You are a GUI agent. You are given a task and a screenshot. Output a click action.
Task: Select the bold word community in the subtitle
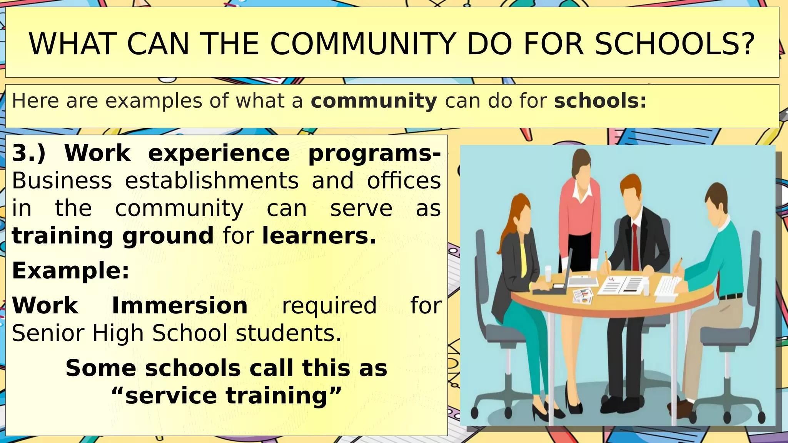click(374, 101)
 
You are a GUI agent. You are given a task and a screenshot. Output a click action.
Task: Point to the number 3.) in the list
click(29, 153)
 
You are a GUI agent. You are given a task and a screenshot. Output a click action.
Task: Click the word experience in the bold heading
click(219, 153)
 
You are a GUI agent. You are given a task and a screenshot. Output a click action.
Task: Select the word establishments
click(212, 181)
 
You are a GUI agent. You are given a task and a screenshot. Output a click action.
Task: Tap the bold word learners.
click(319, 236)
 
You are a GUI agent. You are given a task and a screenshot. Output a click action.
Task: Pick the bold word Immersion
click(180, 306)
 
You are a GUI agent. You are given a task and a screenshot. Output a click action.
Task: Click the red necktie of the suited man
click(635, 246)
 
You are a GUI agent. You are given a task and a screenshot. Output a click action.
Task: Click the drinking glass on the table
click(548, 273)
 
